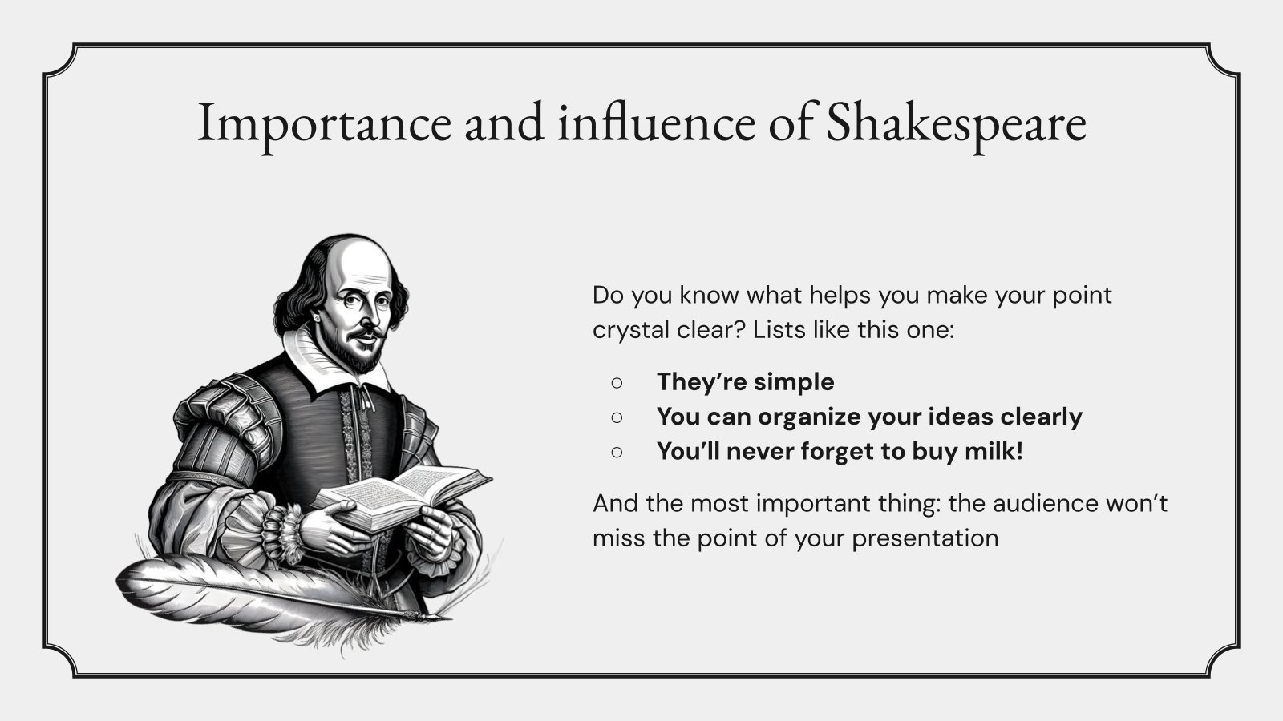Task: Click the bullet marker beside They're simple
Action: coord(617,382)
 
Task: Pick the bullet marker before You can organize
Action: coord(617,417)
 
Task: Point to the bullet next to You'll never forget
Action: coord(617,452)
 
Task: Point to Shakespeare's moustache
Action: coord(366,330)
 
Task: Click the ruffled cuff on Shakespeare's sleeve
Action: coord(285,529)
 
